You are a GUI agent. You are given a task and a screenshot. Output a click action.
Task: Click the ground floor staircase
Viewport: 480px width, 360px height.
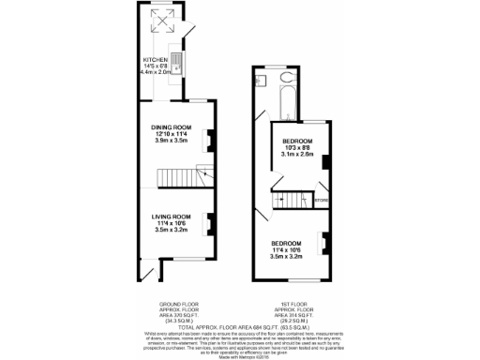tap(173, 176)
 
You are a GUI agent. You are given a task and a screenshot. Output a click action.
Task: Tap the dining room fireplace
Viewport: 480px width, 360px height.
tap(208, 137)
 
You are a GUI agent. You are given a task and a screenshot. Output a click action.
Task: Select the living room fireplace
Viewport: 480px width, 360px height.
tap(208, 224)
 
